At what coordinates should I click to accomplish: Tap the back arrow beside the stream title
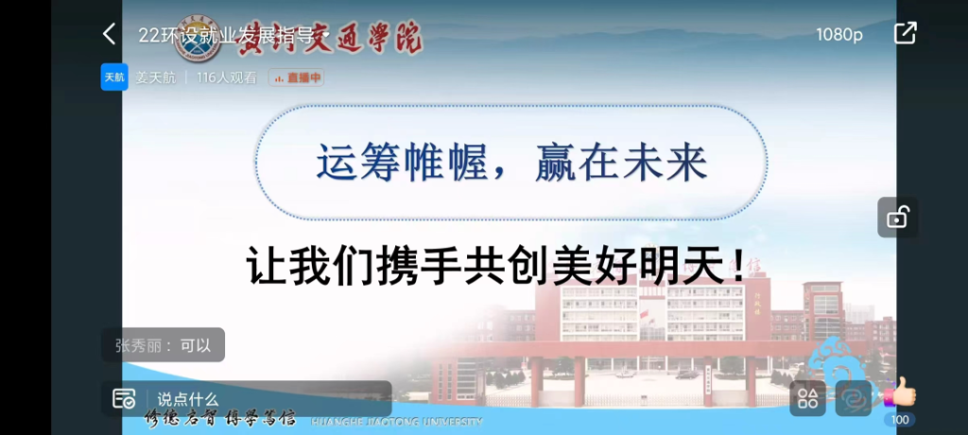click(109, 34)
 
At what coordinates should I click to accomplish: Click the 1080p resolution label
click(838, 34)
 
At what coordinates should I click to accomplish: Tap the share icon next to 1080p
click(905, 33)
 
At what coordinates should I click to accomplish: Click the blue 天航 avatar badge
click(114, 78)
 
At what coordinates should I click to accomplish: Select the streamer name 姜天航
click(155, 78)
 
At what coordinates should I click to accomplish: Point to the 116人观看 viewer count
click(226, 78)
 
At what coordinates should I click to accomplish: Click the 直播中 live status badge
click(297, 78)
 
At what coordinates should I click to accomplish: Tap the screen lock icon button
click(897, 217)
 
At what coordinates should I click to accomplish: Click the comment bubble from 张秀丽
click(163, 345)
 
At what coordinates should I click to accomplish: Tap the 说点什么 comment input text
click(188, 399)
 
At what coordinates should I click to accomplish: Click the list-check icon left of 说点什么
click(124, 399)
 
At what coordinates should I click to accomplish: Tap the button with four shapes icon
click(807, 398)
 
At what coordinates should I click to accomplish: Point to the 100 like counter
click(900, 420)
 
